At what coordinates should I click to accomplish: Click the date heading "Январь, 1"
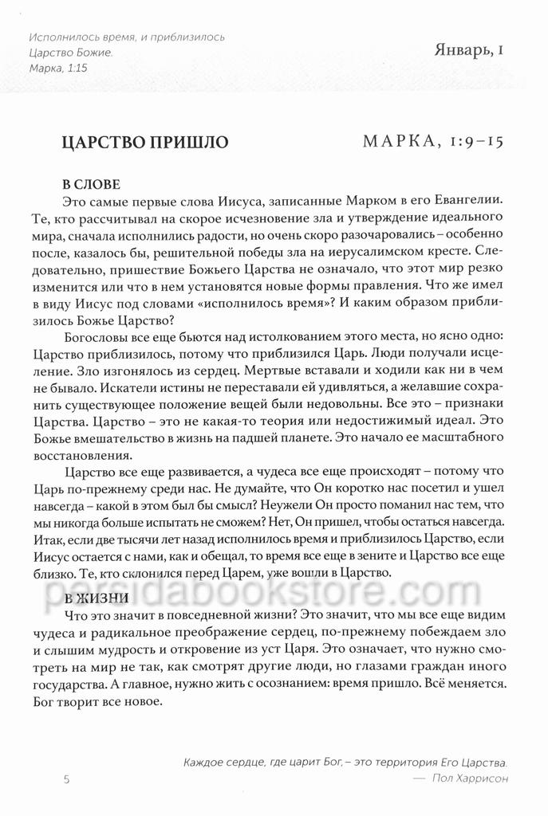tap(466, 53)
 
